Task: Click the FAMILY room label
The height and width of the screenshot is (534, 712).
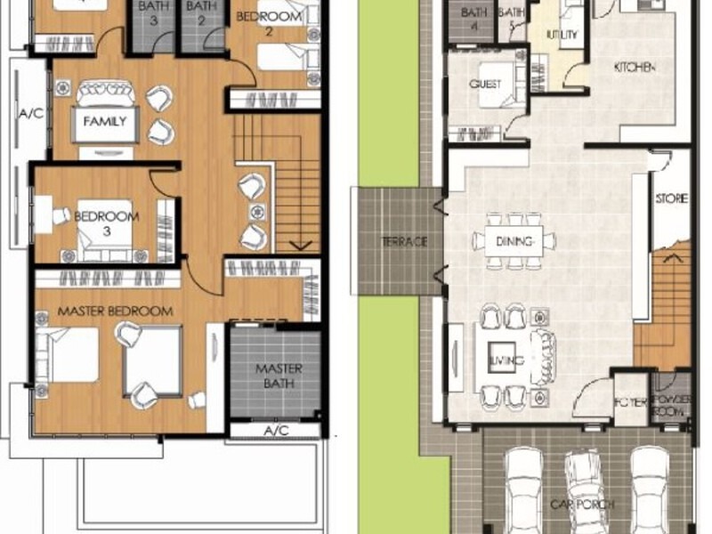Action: coord(105,122)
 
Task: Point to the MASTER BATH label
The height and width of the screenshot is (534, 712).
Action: coord(279,376)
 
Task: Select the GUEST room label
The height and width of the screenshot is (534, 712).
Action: coord(485,85)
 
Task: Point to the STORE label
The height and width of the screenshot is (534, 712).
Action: coord(671,198)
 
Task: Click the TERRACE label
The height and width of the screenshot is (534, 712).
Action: coord(405,241)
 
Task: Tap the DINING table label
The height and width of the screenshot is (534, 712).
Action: coord(514,240)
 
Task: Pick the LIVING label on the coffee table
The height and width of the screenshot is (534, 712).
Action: coord(504,360)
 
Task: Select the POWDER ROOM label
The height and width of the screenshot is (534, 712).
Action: coord(670,406)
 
